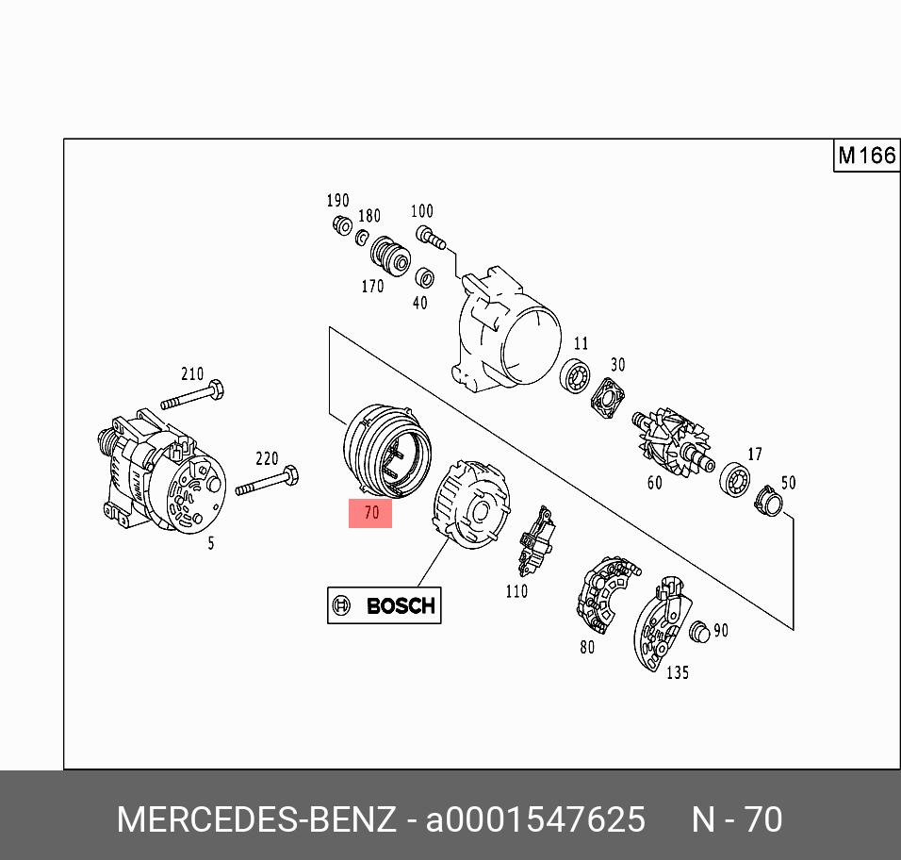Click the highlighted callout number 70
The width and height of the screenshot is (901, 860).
point(371,513)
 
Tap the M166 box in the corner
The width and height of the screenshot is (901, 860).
point(866,156)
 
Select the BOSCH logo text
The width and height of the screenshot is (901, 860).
point(401,605)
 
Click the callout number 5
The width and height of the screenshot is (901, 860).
point(211,542)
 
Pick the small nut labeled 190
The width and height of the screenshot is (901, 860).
point(342,225)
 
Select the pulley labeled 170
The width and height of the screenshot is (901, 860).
point(390,256)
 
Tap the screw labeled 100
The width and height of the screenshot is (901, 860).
point(431,238)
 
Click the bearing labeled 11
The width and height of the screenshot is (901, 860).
point(575,376)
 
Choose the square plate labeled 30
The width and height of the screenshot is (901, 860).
point(608,398)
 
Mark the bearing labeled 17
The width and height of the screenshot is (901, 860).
point(735,479)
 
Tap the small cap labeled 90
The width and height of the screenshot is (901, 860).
point(699,632)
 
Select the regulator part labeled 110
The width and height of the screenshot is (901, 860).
point(536,540)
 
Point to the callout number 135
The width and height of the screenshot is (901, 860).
point(677,672)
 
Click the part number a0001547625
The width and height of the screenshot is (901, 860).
point(535,819)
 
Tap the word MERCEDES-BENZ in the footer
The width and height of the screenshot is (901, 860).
point(256,819)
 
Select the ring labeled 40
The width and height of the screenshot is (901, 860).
point(424,277)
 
